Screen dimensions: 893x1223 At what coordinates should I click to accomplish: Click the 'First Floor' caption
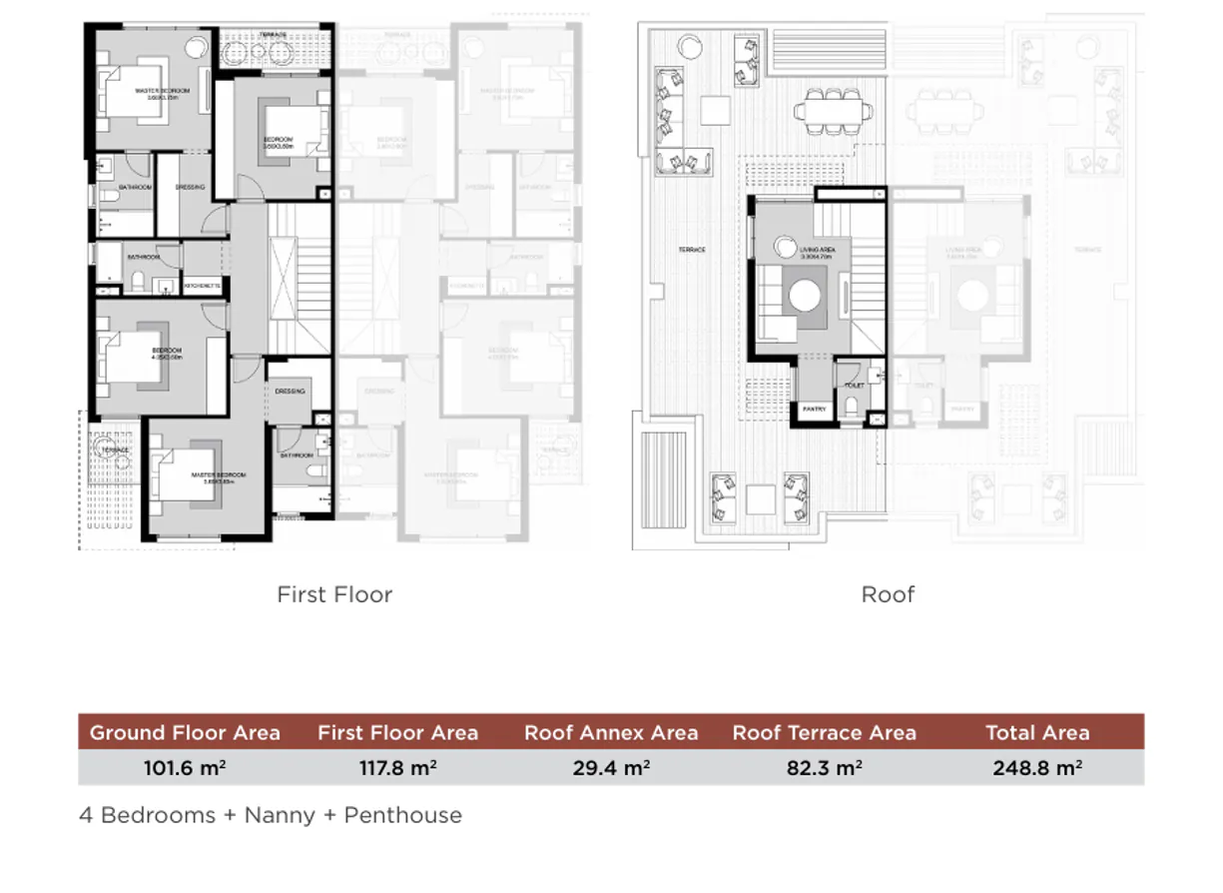click(x=334, y=594)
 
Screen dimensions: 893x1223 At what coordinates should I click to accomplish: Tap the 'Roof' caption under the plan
click(x=888, y=594)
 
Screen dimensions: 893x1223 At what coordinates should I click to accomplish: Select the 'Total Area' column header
click(x=1037, y=732)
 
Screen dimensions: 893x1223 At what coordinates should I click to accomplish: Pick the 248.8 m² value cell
click(x=1037, y=768)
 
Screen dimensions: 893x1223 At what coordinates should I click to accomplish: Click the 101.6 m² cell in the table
click(x=185, y=768)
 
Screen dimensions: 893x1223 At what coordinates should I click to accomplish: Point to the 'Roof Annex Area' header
click(x=611, y=732)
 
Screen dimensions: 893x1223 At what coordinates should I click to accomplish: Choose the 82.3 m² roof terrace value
click(x=824, y=768)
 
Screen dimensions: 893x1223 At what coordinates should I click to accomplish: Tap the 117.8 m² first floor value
click(x=397, y=768)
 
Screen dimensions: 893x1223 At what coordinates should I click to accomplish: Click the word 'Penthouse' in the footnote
click(x=402, y=815)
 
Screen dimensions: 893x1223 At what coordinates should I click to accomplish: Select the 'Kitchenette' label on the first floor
click(x=202, y=286)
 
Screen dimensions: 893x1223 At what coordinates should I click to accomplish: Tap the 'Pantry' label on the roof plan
click(x=814, y=408)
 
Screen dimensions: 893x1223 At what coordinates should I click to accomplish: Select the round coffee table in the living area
click(x=805, y=296)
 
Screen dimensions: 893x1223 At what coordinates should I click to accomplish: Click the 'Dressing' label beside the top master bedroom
click(x=190, y=187)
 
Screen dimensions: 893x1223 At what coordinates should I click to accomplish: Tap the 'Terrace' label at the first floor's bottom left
click(x=113, y=450)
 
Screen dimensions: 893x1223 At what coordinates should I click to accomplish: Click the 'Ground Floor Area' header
click(x=185, y=732)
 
